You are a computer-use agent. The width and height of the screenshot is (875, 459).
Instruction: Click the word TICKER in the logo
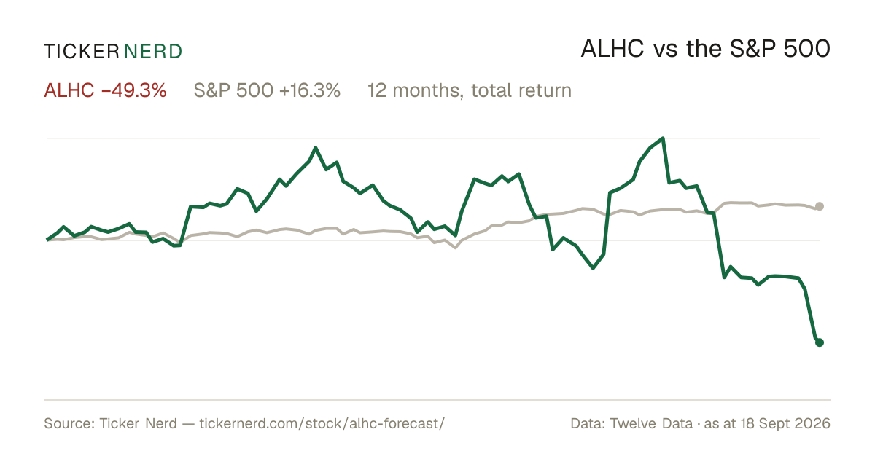[82, 52]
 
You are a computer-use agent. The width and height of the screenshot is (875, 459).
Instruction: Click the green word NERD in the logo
[153, 52]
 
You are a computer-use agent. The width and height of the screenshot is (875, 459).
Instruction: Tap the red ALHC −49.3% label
[106, 90]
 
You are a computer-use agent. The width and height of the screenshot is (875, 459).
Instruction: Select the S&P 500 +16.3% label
[267, 90]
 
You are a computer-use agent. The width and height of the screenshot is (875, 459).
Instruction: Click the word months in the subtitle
[428, 90]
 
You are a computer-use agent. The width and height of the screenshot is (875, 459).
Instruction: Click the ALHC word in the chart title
[612, 50]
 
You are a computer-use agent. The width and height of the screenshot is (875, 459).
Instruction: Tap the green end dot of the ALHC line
[820, 342]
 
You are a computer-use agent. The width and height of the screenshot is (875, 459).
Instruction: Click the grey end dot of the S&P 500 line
[820, 206]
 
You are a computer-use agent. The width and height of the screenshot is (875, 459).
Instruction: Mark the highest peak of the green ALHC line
[663, 138]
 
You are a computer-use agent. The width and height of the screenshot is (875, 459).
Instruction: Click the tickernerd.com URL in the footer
[322, 423]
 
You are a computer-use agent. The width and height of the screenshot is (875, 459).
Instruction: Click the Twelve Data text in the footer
[651, 423]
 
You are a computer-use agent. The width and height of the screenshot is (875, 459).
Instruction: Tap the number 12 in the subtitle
[376, 90]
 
